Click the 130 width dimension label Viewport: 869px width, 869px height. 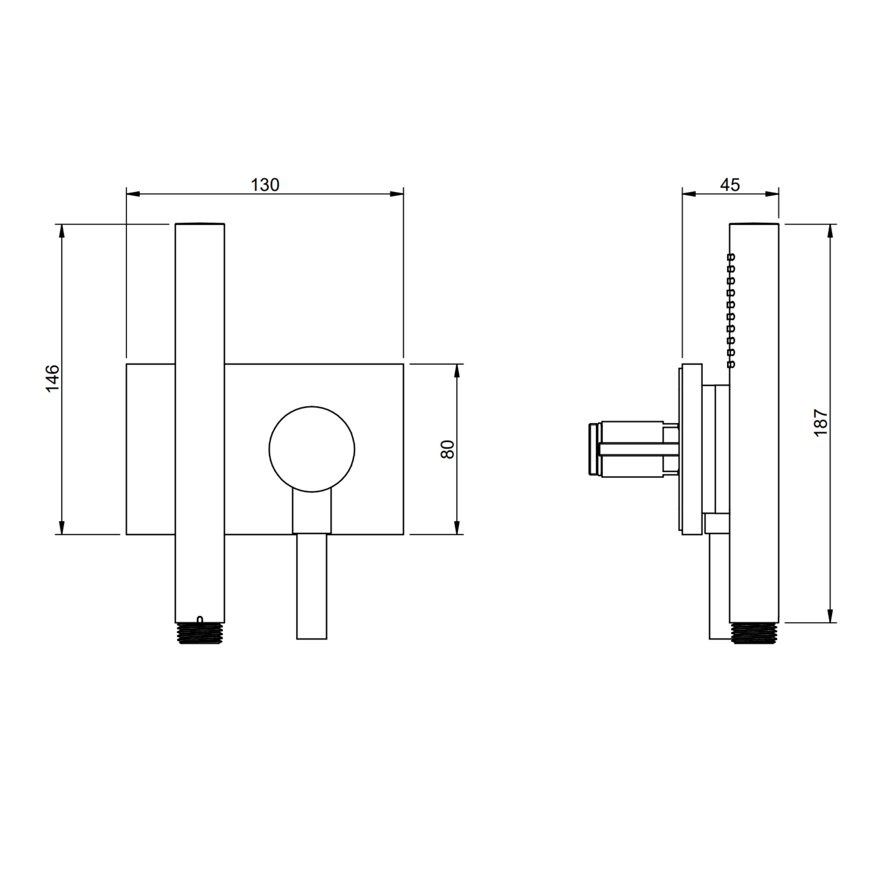[264, 185]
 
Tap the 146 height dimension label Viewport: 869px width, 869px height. [53, 379]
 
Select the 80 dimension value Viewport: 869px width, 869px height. [447, 450]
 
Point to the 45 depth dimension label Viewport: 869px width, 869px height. [730, 185]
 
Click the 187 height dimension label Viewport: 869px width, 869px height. [821, 423]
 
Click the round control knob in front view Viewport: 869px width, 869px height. [312, 450]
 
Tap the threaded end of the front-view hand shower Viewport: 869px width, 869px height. [200, 633]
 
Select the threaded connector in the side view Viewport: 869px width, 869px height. [754, 633]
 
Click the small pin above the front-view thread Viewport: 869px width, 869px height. [200, 620]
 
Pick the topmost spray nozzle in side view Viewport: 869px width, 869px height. [731, 257]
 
